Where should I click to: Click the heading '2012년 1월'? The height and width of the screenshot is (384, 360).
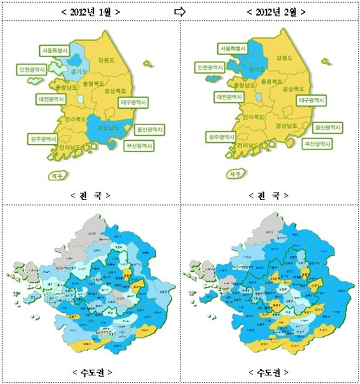point(90,11)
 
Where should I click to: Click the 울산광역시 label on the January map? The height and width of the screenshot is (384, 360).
point(152,128)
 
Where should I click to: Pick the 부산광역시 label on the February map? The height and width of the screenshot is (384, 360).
point(316,143)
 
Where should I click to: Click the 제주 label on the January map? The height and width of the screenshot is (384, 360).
point(59,175)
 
